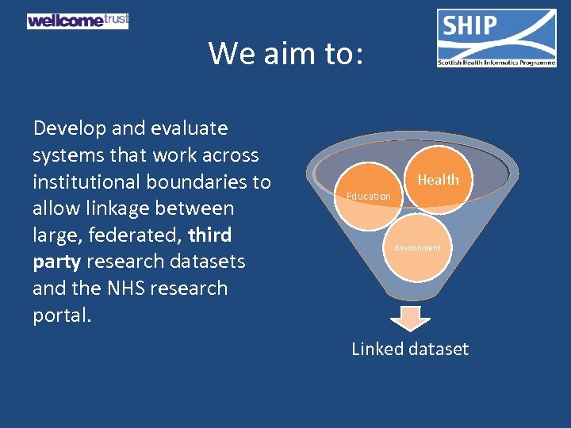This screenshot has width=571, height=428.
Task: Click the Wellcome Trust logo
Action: tap(77, 21)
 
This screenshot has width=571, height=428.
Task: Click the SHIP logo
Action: tap(496, 37)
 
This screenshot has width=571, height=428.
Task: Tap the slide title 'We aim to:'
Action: tap(285, 54)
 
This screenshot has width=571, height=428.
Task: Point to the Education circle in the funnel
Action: tap(368, 195)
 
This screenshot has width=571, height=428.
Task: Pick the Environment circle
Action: tap(418, 247)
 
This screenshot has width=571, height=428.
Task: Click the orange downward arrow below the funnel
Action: tap(410, 317)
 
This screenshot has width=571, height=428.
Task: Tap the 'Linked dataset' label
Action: tap(410, 349)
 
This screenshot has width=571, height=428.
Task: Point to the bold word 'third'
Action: tap(210, 235)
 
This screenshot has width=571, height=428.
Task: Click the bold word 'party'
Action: tap(56, 262)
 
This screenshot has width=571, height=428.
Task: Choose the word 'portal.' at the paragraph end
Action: tap(62, 315)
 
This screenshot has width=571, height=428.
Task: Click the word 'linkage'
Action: tap(112, 209)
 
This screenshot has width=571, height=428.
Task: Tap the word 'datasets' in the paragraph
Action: tap(209, 262)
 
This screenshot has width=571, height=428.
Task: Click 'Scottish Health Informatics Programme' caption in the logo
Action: tap(496, 63)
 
